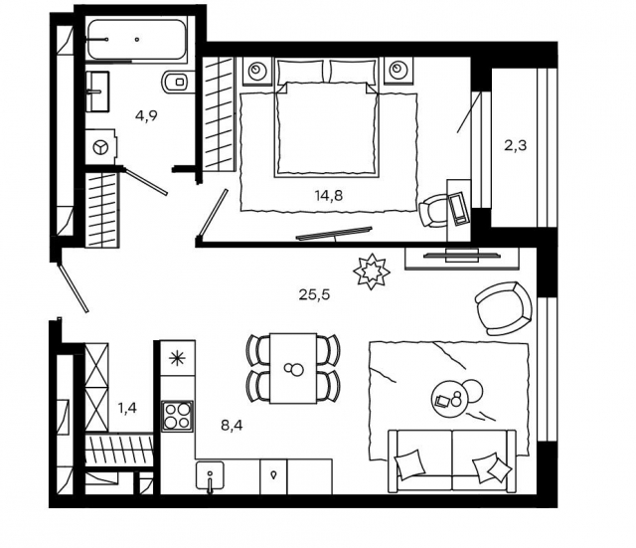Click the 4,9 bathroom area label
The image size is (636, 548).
pyautogui.click(x=146, y=116)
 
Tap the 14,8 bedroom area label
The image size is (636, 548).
pyautogui.click(x=329, y=196)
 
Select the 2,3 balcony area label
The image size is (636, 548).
pyautogui.click(x=515, y=145)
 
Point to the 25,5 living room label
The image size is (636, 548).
pyautogui.click(x=314, y=294)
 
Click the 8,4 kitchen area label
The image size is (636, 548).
pyautogui.click(x=232, y=426)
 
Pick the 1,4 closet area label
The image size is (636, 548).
pyautogui.click(x=127, y=408)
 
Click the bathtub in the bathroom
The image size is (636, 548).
pyautogui.click(x=137, y=40)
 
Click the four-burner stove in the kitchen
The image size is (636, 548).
pyautogui.click(x=177, y=416)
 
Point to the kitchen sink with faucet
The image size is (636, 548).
pyautogui.click(x=210, y=475)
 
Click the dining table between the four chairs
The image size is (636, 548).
pyautogui.click(x=293, y=368)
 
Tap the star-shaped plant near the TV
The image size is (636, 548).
pyautogui.click(x=371, y=272)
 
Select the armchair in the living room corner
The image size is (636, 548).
pyautogui.click(x=504, y=308)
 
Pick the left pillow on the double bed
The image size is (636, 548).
pyautogui.click(x=300, y=72)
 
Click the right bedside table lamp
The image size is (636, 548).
pyautogui.click(x=398, y=71)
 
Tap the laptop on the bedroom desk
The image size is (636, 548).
pyautogui.click(x=459, y=208)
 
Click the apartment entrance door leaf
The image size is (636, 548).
pyautogui.click(x=74, y=287)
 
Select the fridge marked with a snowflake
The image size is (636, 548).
pyautogui.click(x=177, y=358)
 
